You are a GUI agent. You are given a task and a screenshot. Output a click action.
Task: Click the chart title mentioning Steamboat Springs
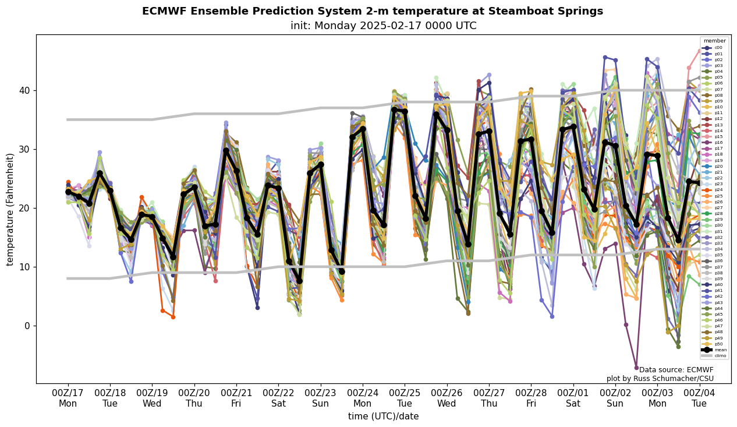pos(373,11)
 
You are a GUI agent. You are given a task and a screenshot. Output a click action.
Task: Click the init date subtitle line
pos(383,26)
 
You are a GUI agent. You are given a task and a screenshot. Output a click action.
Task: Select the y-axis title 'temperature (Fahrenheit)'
pos(10,209)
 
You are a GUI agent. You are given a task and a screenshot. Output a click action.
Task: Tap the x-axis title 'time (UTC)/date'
pos(383,416)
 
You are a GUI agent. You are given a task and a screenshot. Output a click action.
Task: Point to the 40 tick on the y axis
pos(24,90)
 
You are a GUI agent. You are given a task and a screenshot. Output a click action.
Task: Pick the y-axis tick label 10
pos(24,267)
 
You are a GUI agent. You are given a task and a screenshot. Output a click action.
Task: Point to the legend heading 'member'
pos(715,41)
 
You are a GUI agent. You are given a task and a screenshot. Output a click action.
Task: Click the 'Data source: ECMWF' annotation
pos(676,370)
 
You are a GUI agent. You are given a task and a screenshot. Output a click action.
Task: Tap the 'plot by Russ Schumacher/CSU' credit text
pos(660,379)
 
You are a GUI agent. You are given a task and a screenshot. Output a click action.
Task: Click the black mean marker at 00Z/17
pos(68,192)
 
